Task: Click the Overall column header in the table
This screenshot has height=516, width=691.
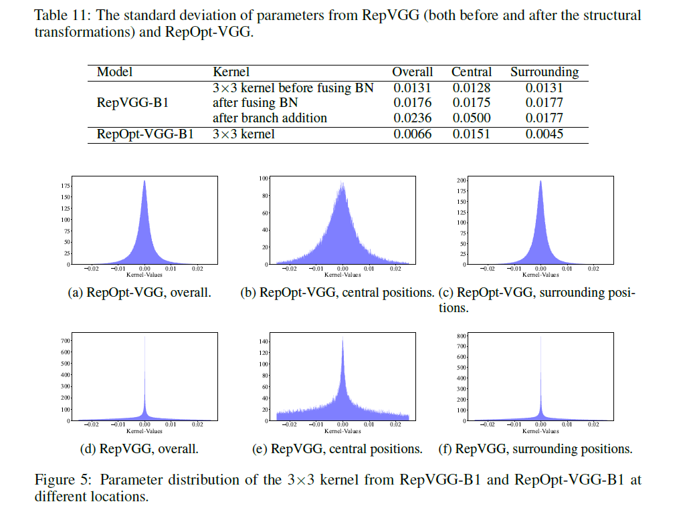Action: (412, 72)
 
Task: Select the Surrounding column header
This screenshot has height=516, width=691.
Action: (545, 72)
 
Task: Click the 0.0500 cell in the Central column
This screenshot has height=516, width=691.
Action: (472, 118)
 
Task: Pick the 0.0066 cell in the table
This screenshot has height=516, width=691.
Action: (412, 134)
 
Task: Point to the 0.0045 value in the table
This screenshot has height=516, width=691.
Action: (545, 134)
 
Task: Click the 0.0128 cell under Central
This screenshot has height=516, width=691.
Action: (472, 88)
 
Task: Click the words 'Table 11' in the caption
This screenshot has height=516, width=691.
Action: (59, 15)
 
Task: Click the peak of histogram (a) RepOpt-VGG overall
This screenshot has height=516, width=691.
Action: (144, 180)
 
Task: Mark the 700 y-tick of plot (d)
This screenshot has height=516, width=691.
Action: (66, 341)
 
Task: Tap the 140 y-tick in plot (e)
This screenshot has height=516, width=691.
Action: (264, 342)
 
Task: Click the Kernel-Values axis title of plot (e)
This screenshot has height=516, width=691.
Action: (342, 431)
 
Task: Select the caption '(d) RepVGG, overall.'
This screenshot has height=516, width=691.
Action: (138, 449)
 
